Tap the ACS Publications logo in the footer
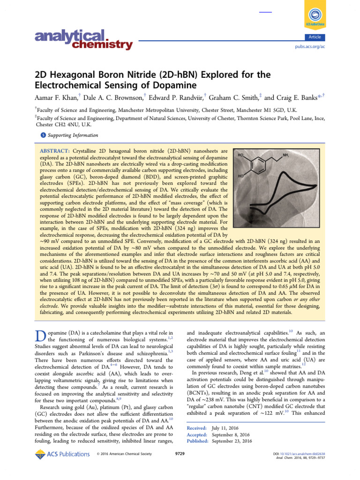point(62,454)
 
